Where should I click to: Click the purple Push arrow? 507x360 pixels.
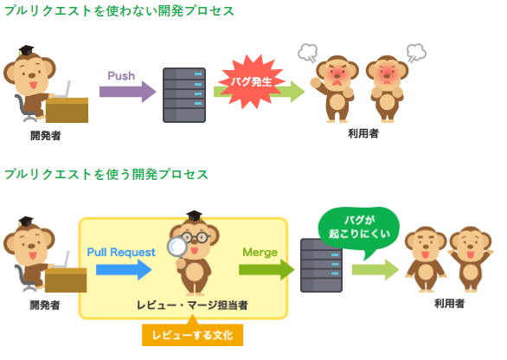(128, 92)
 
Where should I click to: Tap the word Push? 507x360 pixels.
(121, 75)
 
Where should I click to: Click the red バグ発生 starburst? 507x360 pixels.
(251, 81)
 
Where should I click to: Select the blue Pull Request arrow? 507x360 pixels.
(124, 269)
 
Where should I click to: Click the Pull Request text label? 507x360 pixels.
(121, 252)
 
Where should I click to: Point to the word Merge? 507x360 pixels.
(260, 253)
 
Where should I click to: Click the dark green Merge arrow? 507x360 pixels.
(266, 269)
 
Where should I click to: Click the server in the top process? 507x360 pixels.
(184, 95)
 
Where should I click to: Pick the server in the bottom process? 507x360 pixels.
(321, 265)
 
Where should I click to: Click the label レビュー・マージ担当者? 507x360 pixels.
(192, 305)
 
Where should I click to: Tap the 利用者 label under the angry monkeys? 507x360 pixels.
(363, 133)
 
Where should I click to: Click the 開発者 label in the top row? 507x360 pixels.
(46, 136)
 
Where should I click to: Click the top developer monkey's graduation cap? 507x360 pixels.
(26, 50)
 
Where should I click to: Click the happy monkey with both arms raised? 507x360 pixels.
(471, 260)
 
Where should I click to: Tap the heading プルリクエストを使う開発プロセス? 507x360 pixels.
(106, 174)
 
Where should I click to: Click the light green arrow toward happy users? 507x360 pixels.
(375, 269)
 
